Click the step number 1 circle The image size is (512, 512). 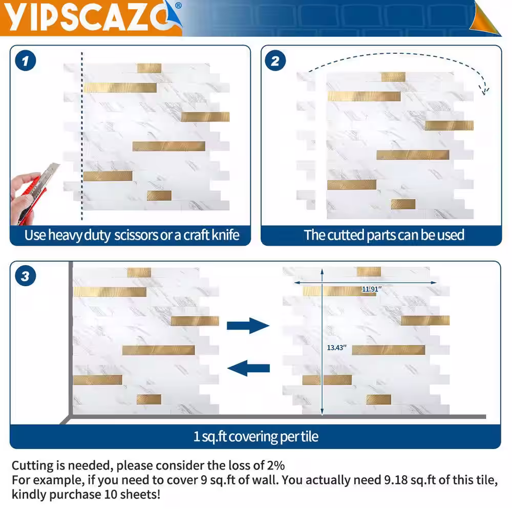click(26, 61)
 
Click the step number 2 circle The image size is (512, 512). click(275, 61)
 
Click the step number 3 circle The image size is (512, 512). click(26, 276)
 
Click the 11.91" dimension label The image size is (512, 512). click(372, 289)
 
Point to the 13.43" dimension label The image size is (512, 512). click(337, 348)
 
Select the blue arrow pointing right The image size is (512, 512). click(248, 326)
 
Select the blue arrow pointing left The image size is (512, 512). click(248, 368)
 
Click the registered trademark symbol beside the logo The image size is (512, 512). click(178, 6)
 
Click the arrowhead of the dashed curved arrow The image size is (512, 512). click(485, 90)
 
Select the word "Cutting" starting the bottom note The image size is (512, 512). click(34, 465)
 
